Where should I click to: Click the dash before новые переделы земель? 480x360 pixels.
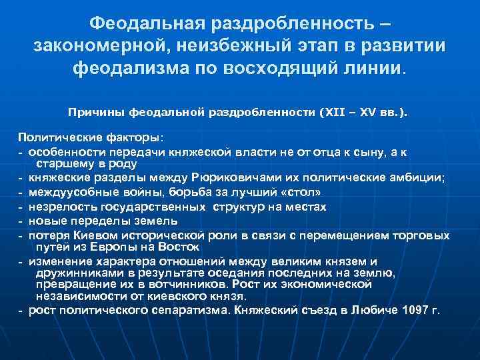[x=21, y=221]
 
